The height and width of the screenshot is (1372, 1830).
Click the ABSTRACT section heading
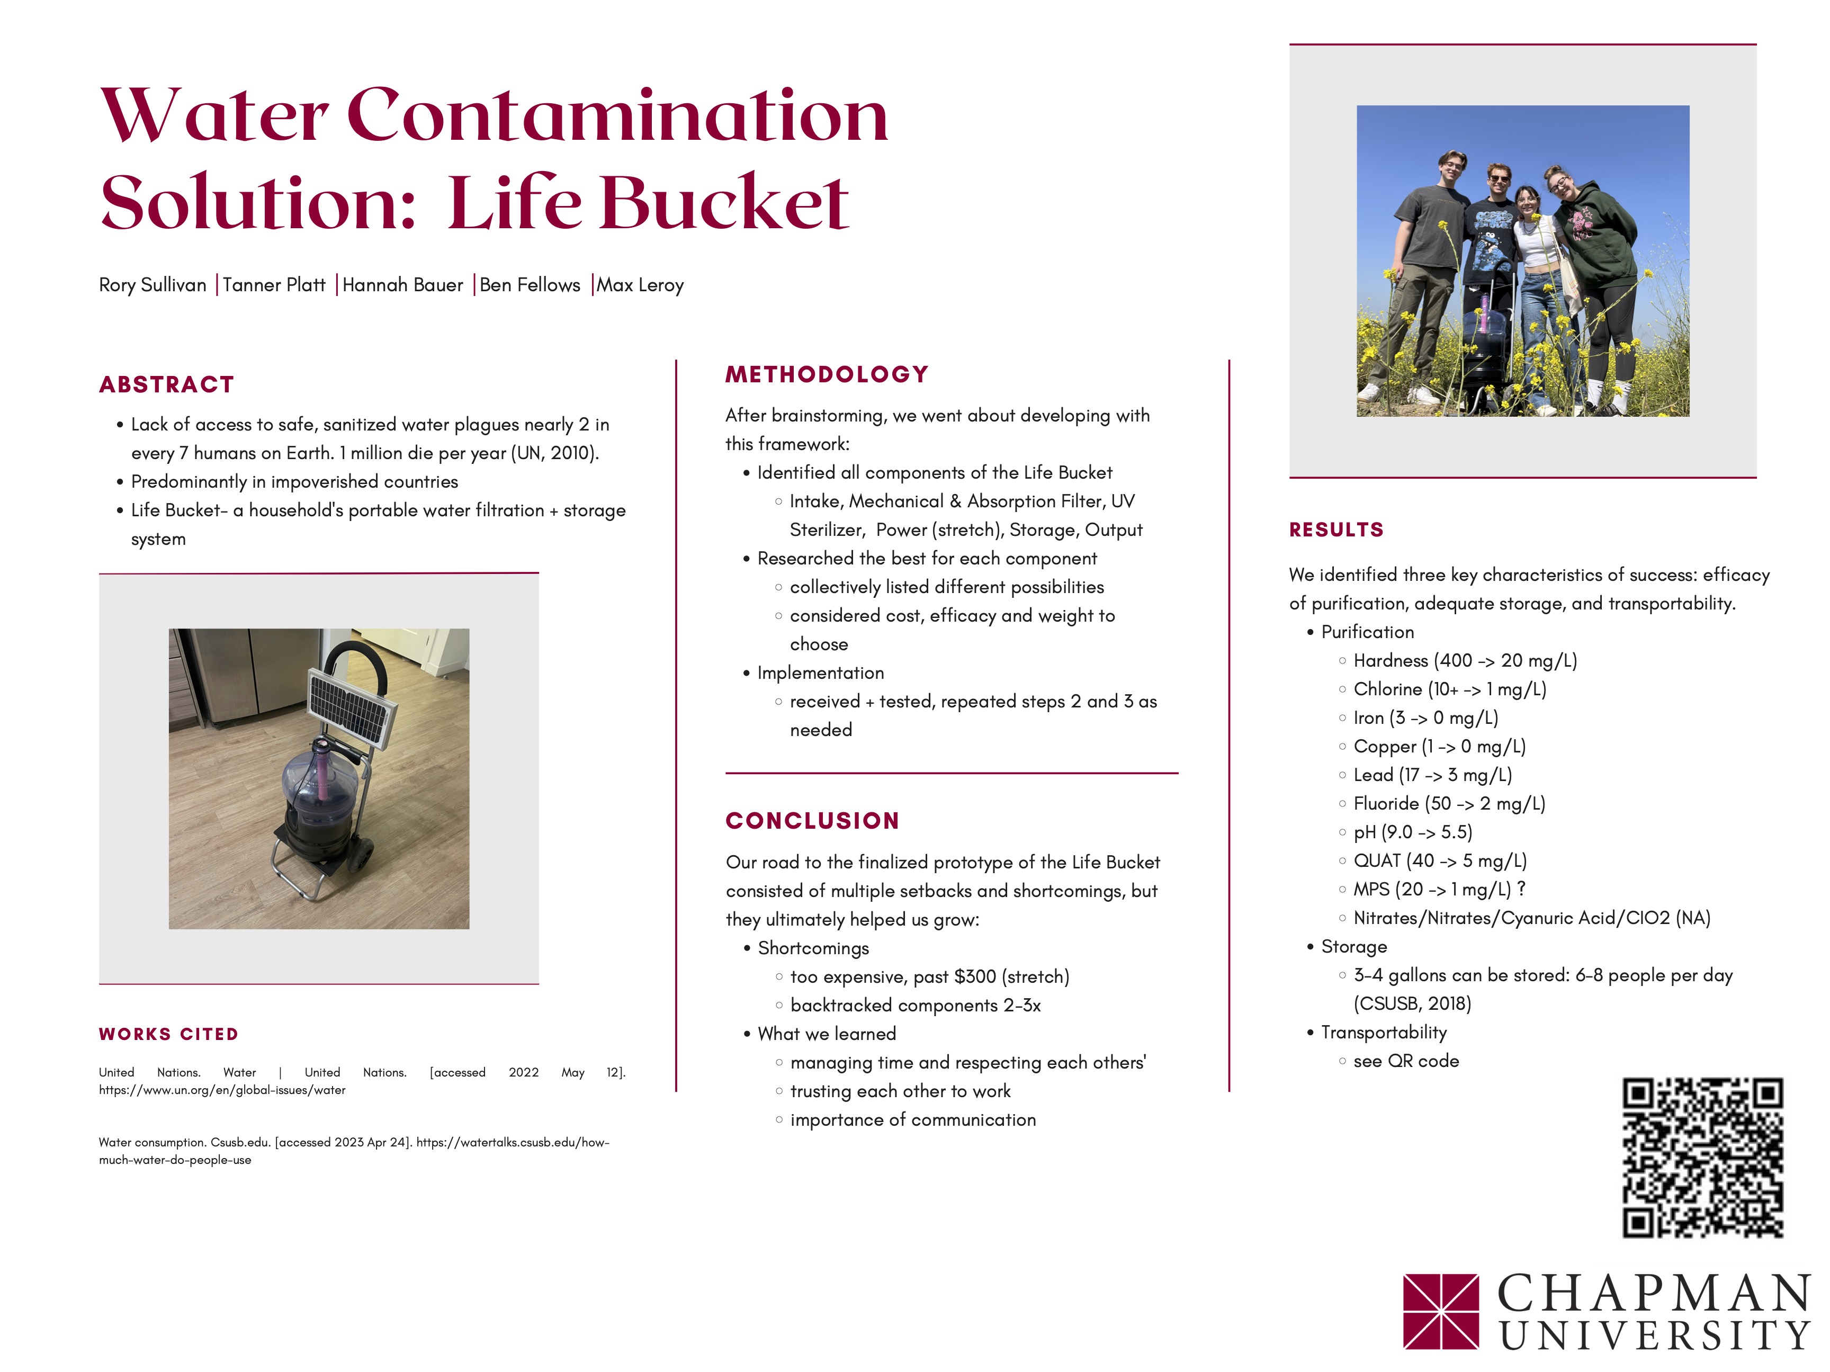[x=166, y=385]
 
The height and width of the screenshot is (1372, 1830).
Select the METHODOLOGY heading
[x=827, y=375]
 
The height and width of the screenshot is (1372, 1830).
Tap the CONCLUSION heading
[x=812, y=821]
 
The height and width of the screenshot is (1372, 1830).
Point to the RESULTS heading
[x=1336, y=530]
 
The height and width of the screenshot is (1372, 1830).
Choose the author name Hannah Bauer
[x=403, y=285]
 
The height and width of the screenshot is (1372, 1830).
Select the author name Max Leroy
[x=640, y=285]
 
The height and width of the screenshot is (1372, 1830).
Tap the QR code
[x=1702, y=1158]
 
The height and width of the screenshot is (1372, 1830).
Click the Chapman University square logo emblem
[x=1441, y=1312]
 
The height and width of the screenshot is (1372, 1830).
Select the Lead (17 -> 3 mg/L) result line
[x=1433, y=775]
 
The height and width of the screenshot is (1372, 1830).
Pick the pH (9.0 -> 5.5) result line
[x=1413, y=832]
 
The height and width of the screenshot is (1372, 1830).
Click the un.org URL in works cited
[x=222, y=1091]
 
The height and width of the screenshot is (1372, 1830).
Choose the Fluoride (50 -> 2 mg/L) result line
[x=1449, y=803]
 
